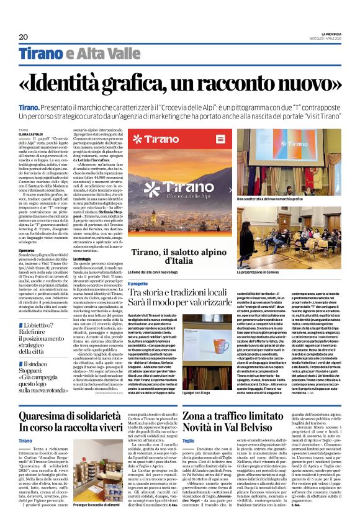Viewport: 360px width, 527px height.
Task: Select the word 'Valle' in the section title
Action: (107, 53)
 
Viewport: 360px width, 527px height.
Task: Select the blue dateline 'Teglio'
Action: (189, 440)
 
